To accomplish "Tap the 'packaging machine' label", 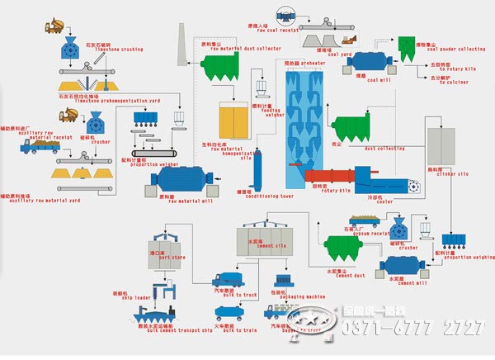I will pos(303,297).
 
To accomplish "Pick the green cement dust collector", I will pos(341,247).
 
